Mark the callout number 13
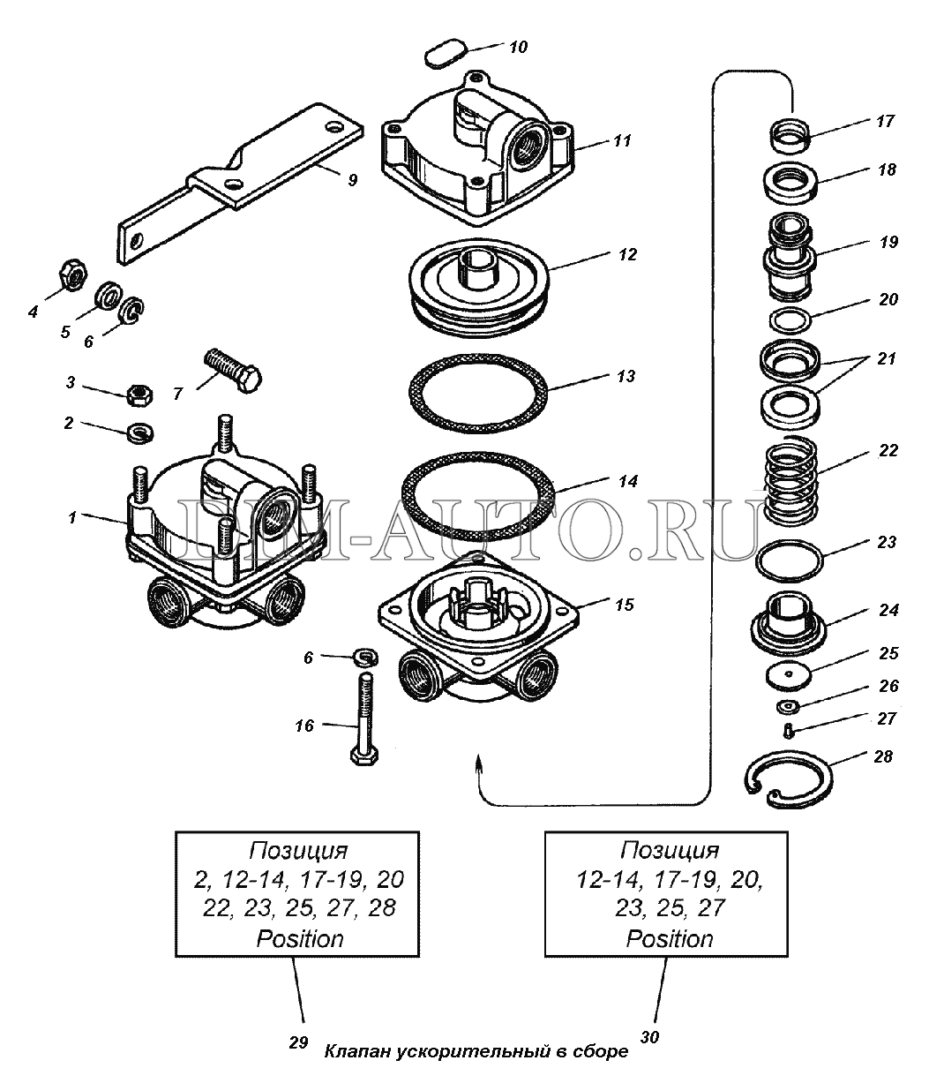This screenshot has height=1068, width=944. pos(626,377)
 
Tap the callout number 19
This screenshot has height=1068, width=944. pos(888,242)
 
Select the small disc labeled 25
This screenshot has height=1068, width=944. pos(789,675)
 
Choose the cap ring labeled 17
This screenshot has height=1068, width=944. pos(789,137)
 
